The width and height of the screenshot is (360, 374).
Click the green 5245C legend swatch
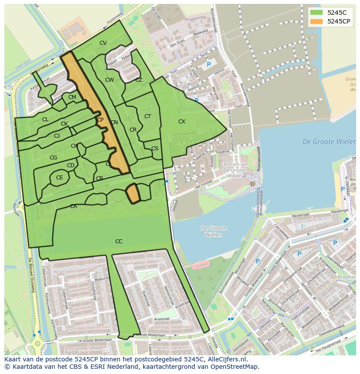(317, 13)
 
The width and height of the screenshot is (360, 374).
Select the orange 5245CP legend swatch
(317, 21)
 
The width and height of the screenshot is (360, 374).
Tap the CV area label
(103, 43)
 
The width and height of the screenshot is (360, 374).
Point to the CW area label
(110, 80)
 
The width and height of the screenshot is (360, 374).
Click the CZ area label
(139, 80)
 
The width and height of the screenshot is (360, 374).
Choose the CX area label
(182, 122)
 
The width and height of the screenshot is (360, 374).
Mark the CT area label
(147, 116)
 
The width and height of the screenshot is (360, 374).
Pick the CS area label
(155, 149)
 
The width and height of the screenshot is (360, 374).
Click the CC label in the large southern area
(119, 242)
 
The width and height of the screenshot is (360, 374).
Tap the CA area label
(73, 206)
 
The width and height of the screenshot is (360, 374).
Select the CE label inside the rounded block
(60, 178)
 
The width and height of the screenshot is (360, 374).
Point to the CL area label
(45, 119)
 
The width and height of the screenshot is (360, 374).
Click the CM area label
(72, 97)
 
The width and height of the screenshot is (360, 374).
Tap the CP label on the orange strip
(100, 120)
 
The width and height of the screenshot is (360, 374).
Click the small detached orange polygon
(133, 193)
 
